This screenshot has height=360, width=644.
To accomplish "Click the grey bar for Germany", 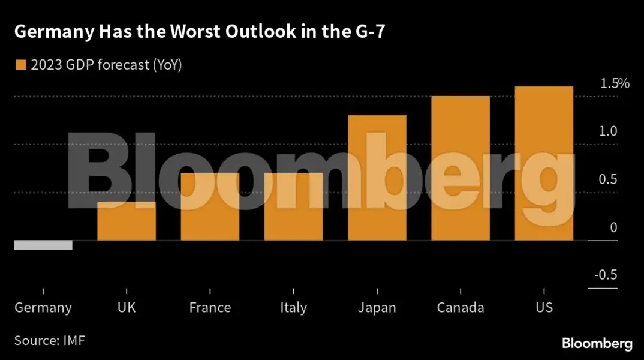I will point(43,245).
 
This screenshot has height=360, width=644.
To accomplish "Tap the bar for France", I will point(210,206).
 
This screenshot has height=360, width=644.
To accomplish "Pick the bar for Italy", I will point(293,206).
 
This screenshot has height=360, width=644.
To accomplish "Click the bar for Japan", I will point(377,178).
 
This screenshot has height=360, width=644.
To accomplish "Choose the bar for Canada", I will point(461,168).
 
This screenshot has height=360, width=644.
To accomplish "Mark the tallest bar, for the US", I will point(544,163).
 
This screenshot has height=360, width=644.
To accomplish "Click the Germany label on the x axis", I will point(43,308).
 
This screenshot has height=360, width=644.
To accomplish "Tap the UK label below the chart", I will point(127,308).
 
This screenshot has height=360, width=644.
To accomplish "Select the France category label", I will point(210,308).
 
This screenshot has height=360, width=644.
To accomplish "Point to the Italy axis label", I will point(293,308).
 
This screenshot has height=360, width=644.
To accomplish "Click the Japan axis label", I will point(377,308).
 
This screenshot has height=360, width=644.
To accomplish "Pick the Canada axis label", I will point(461,308).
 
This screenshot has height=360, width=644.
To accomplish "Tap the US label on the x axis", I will point(544,308).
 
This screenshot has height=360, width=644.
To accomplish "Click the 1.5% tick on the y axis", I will point(615,84).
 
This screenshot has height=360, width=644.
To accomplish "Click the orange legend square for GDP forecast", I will point(21,65).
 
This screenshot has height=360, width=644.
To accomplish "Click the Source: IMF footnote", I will point(50,341).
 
